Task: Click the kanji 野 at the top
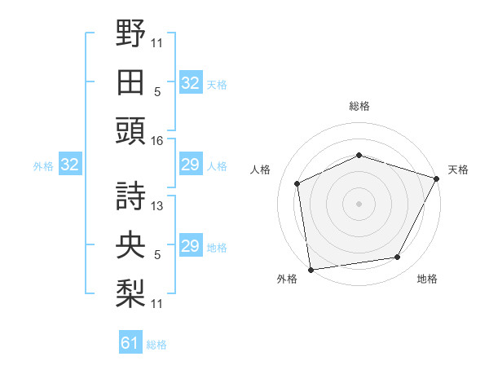click(x=131, y=33)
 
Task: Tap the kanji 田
click(x=131, y=81)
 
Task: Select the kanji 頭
click(x=131, y=131)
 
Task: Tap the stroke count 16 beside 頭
click(x=156, y=140)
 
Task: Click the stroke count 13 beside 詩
click(x=157, y=206)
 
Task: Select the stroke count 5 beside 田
click(x=157, y=91)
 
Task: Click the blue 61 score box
click(x=130, y=344)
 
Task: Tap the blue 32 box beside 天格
click(x=190, y=83)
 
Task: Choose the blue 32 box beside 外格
click(x=70, y=165)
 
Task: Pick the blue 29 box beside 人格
click(x=190, y=165)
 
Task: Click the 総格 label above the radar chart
click(x=359, y=106)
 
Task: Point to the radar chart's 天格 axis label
click(x=459, y=169)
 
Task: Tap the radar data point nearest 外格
click(x=311, y=269)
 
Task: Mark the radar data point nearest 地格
click(x=398, y=258)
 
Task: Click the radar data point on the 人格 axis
click(x=297, y=183)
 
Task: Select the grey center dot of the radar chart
click(x=359, y=204)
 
